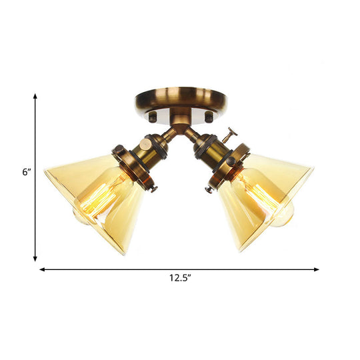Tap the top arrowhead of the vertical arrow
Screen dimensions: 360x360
[x=35, y=97]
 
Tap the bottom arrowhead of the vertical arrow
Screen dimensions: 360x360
[x=35, y=258]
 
